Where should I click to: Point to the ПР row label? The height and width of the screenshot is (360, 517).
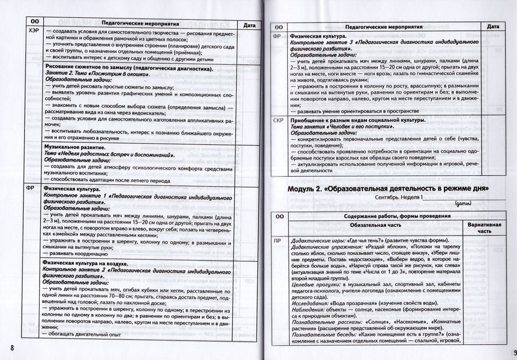(x=277, y=241)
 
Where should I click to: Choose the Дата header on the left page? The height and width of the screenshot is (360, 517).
(x=249, y=25)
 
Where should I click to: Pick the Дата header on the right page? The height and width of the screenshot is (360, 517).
(x=493, y=26)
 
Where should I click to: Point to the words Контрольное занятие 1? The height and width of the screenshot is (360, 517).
(x=72, y=195)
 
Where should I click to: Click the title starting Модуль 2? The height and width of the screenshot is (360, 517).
(x=388, y=188)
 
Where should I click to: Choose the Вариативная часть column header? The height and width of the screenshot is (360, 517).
(x=485, y=227)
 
